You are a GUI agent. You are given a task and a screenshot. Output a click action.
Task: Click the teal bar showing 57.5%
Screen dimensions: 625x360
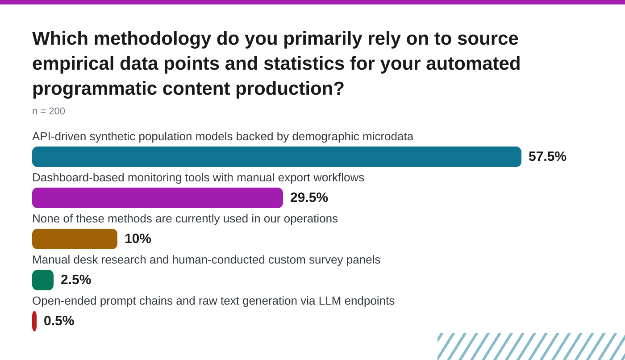(277, 157)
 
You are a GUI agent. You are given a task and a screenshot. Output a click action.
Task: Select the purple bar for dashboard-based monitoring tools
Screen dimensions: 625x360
(158, 198)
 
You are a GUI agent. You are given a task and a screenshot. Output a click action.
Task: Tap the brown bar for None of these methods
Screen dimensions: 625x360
(75, 239)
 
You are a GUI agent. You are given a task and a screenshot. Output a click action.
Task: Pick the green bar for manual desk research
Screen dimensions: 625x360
(43, 280)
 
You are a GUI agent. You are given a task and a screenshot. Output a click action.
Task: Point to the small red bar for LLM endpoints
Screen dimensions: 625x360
(34, 321)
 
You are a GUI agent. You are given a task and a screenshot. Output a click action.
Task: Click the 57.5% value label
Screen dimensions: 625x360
(547, 156)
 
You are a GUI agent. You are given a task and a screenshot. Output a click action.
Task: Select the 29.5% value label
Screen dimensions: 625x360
(309, 197)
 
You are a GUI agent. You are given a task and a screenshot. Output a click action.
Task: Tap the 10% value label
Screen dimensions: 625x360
(138, 239)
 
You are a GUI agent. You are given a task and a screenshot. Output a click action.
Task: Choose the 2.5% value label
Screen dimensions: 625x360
(76, 280)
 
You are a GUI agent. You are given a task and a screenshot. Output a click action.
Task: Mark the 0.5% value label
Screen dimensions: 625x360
(59, 321)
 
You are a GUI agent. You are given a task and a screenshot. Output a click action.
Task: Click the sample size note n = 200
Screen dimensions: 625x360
(49, 111)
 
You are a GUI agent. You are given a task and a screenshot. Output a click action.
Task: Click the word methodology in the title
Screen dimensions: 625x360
(152, 39)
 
